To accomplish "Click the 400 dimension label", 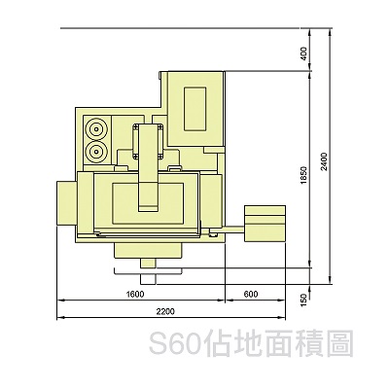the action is click(x=303, y=53).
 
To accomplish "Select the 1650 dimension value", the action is click(x=303, y=175).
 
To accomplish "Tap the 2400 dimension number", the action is click(x=325, y=161).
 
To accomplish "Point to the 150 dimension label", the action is click(x=303, y=300).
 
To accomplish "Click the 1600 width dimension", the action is click(x=135, y=294).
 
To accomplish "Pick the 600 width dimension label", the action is click(x=251, y=294).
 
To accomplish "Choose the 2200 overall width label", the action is click(x=165, y=311).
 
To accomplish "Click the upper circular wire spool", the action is click(x=96, y=129).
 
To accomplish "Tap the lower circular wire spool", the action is click(x=96, y=151).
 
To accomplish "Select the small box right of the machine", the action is click(x=265, y=224).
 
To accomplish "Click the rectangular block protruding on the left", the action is click(x=67, y=203).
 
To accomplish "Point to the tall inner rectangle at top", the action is click(x=194, y=109).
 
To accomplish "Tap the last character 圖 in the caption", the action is click(x=341, y=343).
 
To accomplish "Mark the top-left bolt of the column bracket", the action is click(x=136, y=126).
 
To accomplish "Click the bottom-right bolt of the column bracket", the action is click(x=159, y=158).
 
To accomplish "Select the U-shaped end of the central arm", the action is click(x=148, y=197).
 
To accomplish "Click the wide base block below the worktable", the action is click(x=148, y=251).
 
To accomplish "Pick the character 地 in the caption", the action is click(x=248, y=343).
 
